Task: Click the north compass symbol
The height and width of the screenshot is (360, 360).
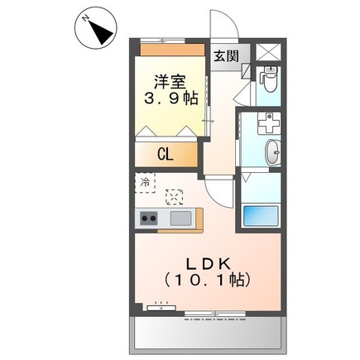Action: (x=96, y=30)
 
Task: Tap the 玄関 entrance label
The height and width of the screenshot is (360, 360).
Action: (x=226, y=56)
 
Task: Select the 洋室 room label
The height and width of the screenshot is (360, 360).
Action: (x=170, y=81)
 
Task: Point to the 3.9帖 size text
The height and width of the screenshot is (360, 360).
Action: (x=171, y=98)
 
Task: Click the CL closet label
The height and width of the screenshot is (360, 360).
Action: (x=166, y=155)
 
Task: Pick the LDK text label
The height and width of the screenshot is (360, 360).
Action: (x=209, y=265)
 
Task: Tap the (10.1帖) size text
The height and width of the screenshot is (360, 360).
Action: (x=208, y=280)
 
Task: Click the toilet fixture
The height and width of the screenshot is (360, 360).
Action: (x=269, y=79)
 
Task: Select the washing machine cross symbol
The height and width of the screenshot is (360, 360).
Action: (x=269, y=123)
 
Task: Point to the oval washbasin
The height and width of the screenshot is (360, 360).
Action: (x=273, y=152)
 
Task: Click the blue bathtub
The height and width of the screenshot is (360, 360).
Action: (x=261, y=216)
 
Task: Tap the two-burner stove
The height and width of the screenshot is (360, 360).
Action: (x=149, y=218)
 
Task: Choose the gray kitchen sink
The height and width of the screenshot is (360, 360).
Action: (x=181, y=218)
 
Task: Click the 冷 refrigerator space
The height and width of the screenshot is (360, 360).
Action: (x=145, y=182)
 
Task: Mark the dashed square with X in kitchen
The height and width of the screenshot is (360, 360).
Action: (x=175, y=197)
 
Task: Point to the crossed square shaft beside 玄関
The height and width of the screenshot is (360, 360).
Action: (x=268, y=52)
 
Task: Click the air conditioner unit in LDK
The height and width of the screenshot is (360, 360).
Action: (x=161, y=308)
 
